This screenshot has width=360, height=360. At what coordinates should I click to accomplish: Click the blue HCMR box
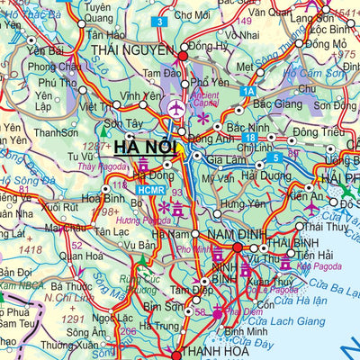tap(151, 189)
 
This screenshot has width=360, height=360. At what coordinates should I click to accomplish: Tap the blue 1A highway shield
tap(248, 90)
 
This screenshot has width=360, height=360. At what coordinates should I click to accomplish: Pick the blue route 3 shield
tap(158, 22)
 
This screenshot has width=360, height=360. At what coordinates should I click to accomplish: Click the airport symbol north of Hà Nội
tap(175, 109)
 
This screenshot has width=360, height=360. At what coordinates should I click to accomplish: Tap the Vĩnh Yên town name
tap(141, 95)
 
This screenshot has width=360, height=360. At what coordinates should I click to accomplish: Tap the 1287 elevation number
tap(94, 146)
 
